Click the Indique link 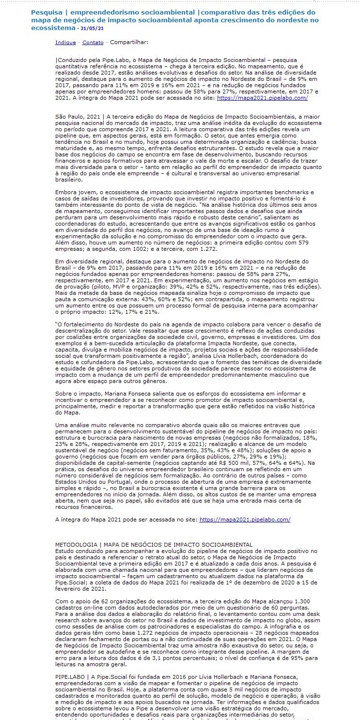(65, 43)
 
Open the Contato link (93, 43)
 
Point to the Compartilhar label (129, 43)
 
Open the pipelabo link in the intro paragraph (262, 98)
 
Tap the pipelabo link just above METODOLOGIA (245, 520)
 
